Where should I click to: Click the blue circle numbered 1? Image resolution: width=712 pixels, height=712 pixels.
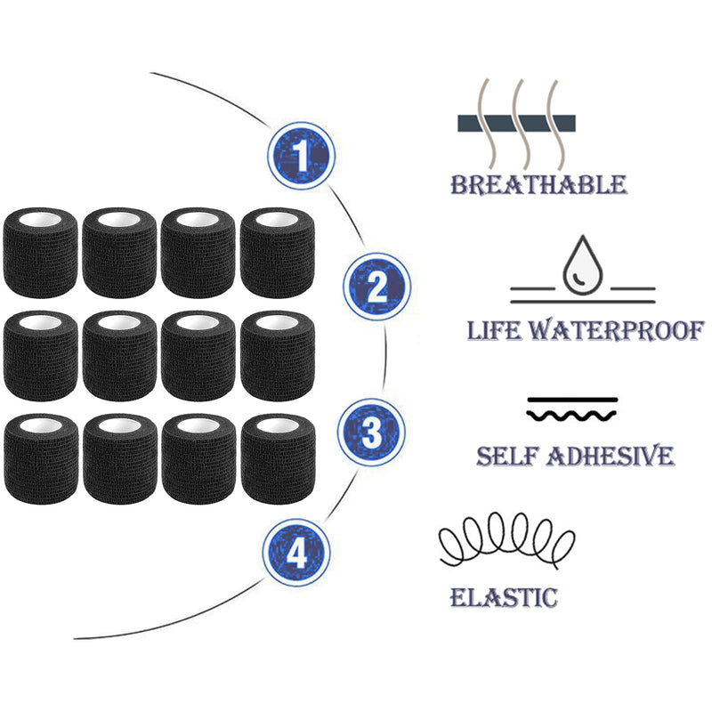point(301,156)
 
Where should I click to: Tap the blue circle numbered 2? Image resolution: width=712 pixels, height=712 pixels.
point(376,287)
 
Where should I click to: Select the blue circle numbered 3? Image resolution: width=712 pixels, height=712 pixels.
point(371,432)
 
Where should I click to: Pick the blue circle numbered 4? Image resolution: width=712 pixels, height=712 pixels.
point(296,553)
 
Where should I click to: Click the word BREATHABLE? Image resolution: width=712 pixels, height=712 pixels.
point(538,185)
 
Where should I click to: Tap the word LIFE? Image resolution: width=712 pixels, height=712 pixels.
point(494,330)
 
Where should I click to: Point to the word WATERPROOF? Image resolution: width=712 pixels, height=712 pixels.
point(618,330)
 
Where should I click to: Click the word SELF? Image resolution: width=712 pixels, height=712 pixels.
point(506,456)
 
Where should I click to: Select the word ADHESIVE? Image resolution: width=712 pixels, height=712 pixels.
point(611,456)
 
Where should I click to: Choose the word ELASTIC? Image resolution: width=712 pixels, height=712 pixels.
point(504,596)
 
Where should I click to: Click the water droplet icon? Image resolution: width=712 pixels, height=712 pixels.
point(582,265)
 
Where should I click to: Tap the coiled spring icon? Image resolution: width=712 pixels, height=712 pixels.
point(506,540)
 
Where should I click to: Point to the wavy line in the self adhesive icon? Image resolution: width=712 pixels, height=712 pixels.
point(571,415)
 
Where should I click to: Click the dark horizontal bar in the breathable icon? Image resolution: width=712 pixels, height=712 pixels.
point(516,124)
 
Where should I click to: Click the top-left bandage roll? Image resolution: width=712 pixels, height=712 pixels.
point(40,253)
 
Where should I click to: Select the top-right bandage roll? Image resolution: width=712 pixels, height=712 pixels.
point(278,253)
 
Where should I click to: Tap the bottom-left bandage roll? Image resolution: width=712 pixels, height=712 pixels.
point(41,459)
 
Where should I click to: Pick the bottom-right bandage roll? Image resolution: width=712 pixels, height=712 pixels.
point(278,459)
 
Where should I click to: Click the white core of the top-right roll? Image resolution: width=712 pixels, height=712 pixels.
point(277,220)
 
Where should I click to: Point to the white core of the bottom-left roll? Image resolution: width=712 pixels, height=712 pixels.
point(41,426)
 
